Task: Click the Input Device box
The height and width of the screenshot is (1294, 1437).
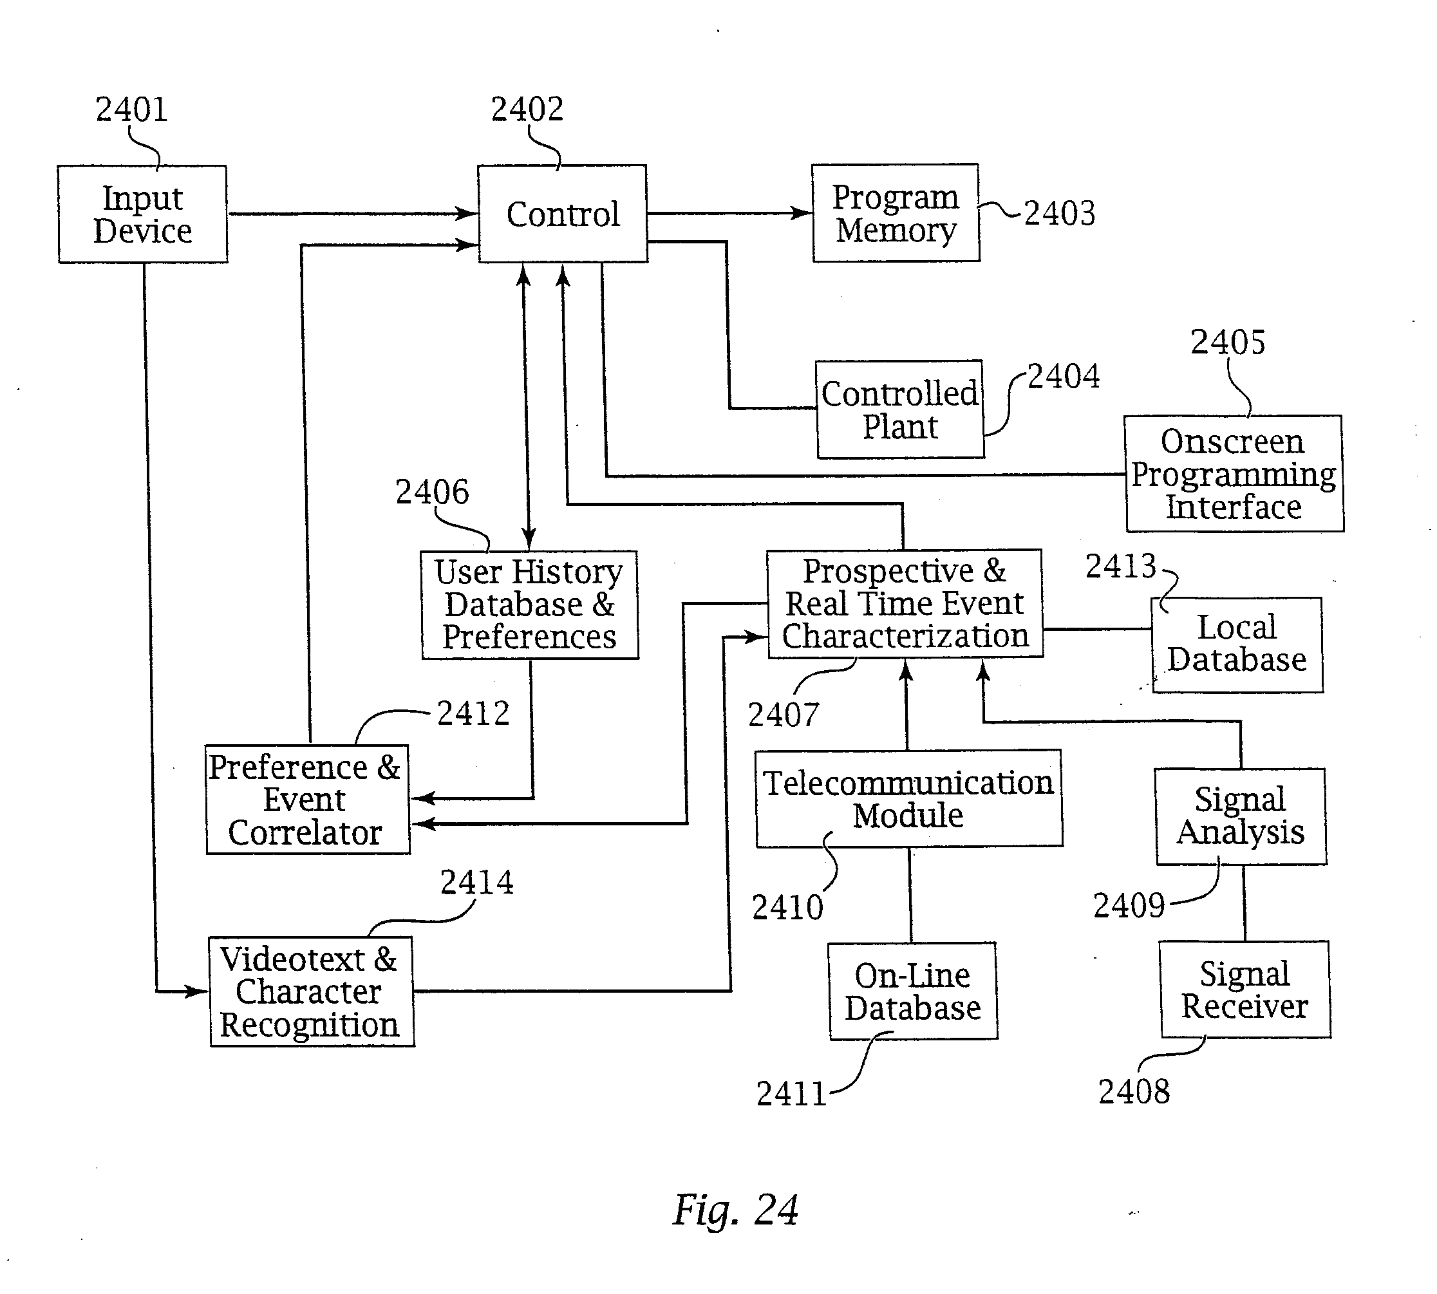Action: [142, 214]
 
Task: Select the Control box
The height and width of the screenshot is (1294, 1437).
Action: [563, 214]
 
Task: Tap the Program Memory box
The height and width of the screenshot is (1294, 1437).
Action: [895, 213]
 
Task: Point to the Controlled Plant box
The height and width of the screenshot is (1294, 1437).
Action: [900, 409]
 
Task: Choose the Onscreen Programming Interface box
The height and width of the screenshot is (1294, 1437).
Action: [1234, 474]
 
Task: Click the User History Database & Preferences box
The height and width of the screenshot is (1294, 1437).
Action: [529, 605]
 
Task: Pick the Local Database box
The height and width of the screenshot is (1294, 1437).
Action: [1237, 644]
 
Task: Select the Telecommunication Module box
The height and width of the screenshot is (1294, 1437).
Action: [908, 798]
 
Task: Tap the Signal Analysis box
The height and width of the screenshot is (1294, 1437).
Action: [1240, 816]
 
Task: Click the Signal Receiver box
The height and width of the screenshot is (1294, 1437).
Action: [1244, 989]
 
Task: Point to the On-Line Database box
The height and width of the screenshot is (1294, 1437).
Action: [912, 991]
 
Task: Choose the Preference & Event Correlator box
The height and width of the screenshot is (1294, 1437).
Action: [307, 799]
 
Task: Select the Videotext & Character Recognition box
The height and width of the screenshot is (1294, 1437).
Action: [311, 991]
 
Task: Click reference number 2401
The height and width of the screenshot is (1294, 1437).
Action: [131, 109]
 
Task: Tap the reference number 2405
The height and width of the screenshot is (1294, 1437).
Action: [1227, 342]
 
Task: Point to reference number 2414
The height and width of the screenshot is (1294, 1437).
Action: [476, 883]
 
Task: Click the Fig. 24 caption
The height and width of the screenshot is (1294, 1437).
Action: [735, 1210]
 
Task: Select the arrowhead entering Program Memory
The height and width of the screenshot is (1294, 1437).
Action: [802, 212]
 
